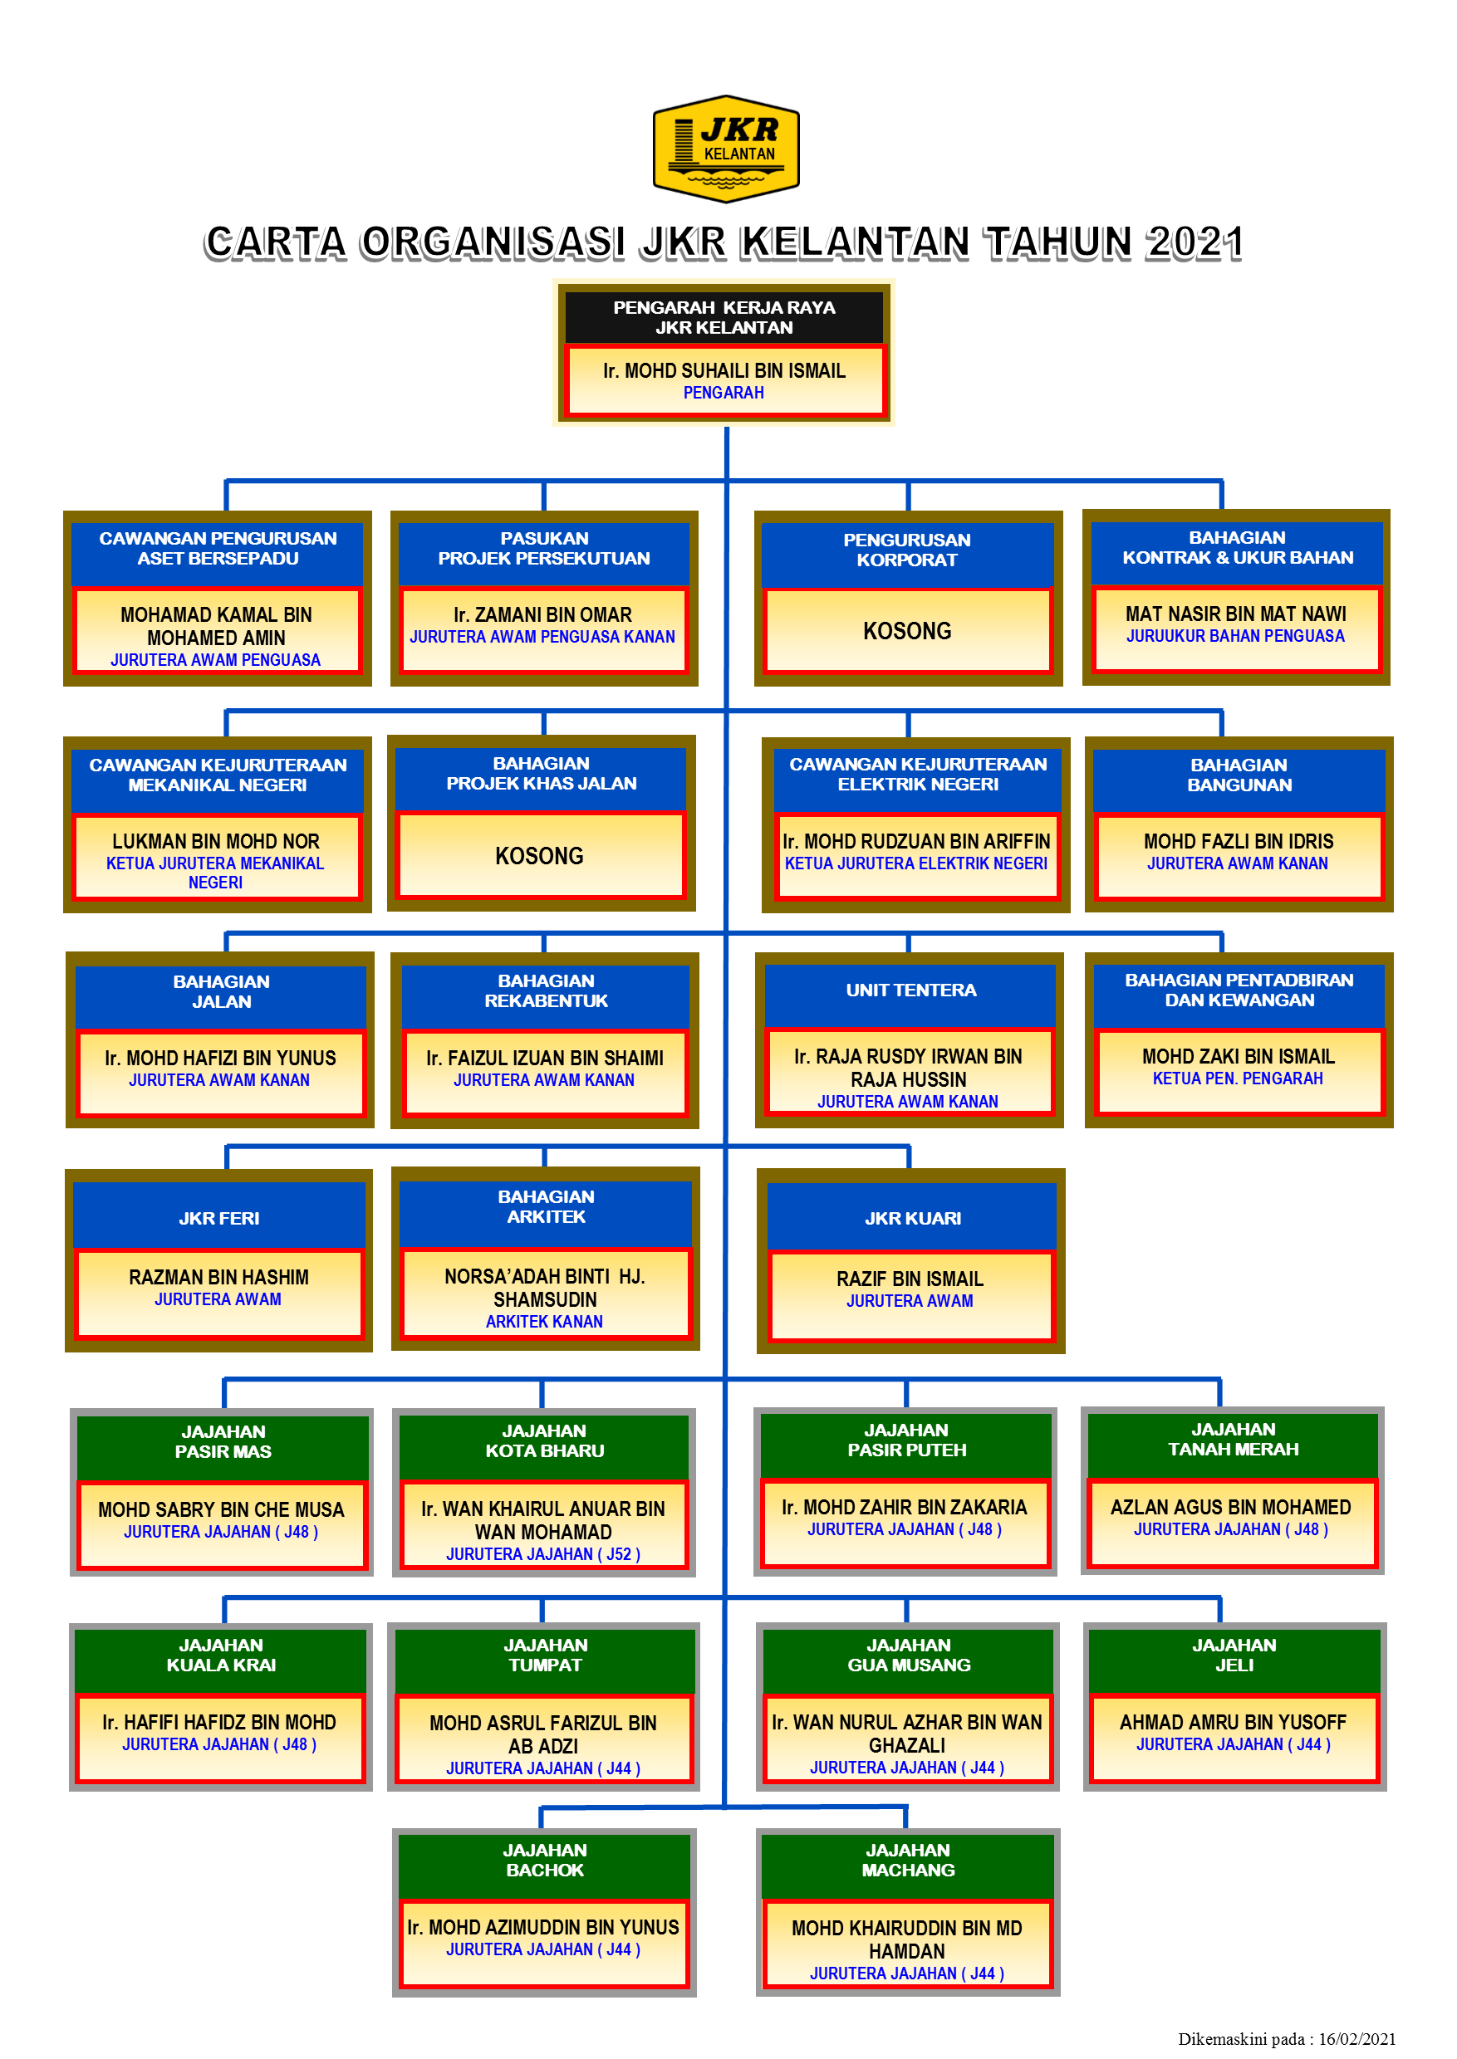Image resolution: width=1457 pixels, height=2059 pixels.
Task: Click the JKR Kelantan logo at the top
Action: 726,149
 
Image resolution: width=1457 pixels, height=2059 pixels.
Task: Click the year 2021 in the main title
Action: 1195,243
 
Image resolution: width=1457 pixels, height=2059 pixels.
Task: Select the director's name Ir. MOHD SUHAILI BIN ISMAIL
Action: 724,370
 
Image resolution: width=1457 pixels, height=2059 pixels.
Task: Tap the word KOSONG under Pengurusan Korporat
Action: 906,631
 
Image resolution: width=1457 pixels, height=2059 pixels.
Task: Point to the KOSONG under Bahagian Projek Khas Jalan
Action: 539,857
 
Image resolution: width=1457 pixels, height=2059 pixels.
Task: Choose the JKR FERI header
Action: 219,1219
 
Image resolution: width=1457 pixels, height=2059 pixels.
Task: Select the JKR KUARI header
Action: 912,1219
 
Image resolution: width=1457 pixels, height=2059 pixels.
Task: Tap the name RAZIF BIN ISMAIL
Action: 910,1279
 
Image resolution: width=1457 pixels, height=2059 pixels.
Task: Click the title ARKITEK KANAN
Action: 544,1322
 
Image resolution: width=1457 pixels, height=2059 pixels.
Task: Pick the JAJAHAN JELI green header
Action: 1234,1656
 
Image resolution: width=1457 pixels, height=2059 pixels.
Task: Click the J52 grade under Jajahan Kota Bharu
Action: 618,1554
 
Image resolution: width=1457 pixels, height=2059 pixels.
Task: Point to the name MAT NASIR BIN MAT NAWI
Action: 1235,614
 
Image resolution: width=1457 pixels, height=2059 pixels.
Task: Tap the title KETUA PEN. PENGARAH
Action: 1237,1078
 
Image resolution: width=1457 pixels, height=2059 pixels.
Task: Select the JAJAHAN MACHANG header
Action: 907,1861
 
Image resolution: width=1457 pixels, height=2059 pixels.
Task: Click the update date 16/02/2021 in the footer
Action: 1356,2039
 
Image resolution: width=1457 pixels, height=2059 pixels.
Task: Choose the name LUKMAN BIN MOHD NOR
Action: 215,841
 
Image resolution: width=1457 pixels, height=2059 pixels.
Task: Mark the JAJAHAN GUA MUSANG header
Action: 908,1656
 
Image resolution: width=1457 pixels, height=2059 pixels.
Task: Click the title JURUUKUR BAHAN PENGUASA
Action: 1235,637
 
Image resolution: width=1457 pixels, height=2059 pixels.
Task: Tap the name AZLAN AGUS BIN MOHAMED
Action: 1230,1508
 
